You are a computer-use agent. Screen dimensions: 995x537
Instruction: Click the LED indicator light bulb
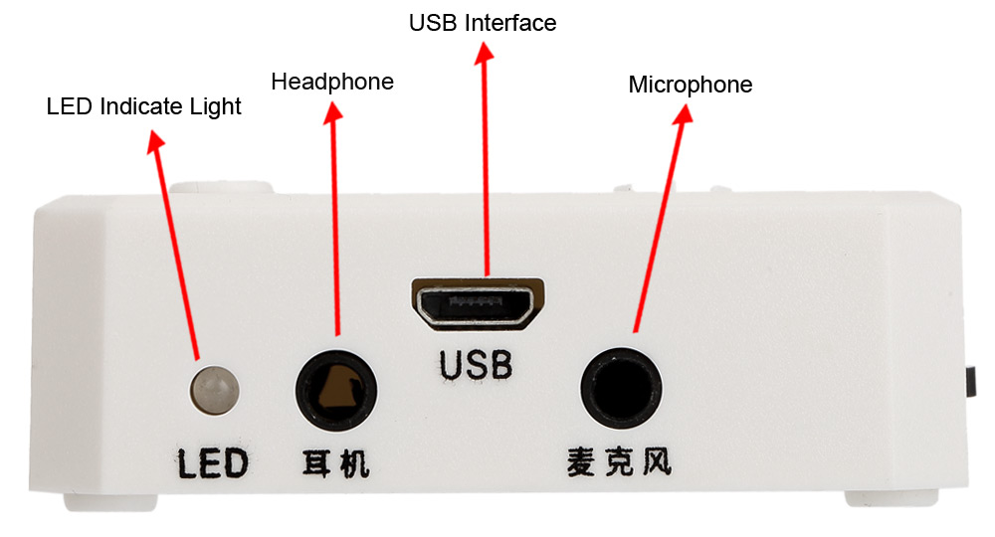(x=215, y=390)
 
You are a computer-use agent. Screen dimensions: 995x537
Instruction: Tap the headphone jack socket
(x=336, y=391)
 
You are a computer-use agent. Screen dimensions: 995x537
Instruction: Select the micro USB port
(x=478, y=304)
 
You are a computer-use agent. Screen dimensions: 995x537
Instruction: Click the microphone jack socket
(x=621, y=388)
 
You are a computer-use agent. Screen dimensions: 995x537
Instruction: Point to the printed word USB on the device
(x=476, y=365)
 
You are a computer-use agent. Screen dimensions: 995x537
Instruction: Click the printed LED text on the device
(x=212, y=462)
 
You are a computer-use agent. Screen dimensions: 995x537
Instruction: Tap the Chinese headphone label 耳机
(x=335, y=462)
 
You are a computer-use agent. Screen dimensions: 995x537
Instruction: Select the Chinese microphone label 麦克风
(x=619, y=460)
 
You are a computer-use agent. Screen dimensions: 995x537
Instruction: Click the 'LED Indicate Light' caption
(x=144, y=106)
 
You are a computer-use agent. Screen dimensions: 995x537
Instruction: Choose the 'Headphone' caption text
(x=332, y=82)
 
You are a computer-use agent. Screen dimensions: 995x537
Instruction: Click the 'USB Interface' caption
(x=483, y=23)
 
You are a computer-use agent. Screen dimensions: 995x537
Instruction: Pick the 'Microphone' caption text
(x=691, y=85)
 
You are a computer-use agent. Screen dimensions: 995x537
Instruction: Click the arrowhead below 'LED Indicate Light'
(x=155, y=141)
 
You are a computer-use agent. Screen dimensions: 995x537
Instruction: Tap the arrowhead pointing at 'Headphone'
(x=333, y=113)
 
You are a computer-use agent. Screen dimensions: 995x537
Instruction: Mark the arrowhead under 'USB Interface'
(x=485, y=54)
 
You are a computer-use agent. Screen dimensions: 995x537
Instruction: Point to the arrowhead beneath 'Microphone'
(x=684, y=114)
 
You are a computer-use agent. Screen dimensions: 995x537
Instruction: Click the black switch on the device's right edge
(x=971, y=382)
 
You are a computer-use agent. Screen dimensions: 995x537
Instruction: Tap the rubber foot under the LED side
(x=110, y=502)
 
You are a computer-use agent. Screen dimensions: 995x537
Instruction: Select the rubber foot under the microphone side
(x=891, y=497)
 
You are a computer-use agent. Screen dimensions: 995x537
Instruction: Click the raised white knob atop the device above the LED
(x=222, y=188)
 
